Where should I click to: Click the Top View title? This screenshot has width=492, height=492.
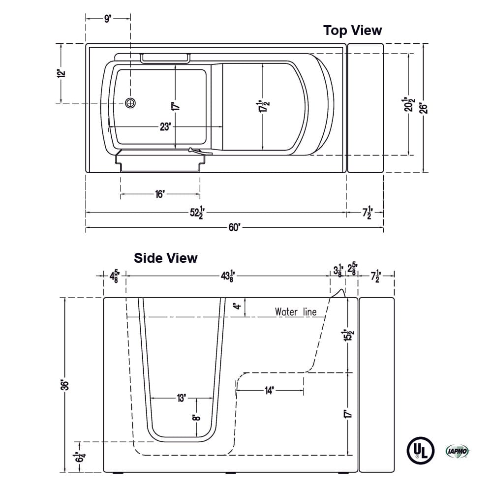pyautogui.click(x=352, y=31)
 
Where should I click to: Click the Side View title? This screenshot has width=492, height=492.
pyautogui.click(x=166, y=258)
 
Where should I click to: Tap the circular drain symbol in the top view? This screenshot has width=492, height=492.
pyautogui.click(x=130, y=103)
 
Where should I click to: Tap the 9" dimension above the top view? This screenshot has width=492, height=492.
pyautogui.click(x=108, y=19)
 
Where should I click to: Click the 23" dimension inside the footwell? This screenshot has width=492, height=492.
pyautogui.click(x=165, y=127)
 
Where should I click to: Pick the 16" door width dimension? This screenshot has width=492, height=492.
pyautogui.click(x=159, y=195)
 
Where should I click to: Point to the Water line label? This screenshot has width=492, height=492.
pyautogui.click(x=295, y=312)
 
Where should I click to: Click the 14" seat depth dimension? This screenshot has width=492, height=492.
pyautogui.click(x=270, y=391)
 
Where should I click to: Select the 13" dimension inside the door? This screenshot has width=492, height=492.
pyautogui.click(x=182, y=398)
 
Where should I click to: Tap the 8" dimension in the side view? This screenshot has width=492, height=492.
pyautogui.click(x=197, y=418)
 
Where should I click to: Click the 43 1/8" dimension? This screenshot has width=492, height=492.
pyautogui.click(x=227, y=277)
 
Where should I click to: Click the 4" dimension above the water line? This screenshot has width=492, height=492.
pyautogui.click(x=238, y=307)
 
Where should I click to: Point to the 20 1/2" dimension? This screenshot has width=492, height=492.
pyautogui.click(x=409, y=104)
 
